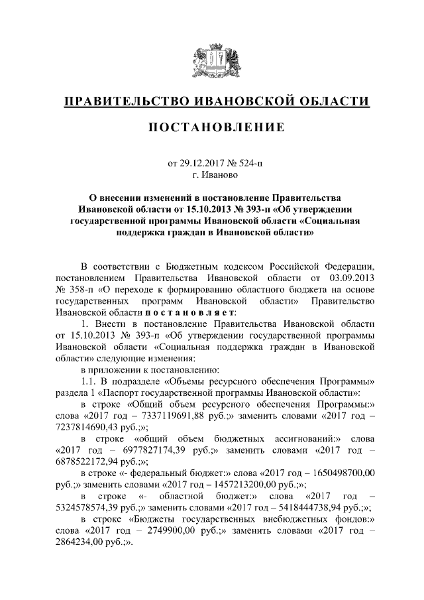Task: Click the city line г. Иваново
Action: [x=212, y=175]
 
